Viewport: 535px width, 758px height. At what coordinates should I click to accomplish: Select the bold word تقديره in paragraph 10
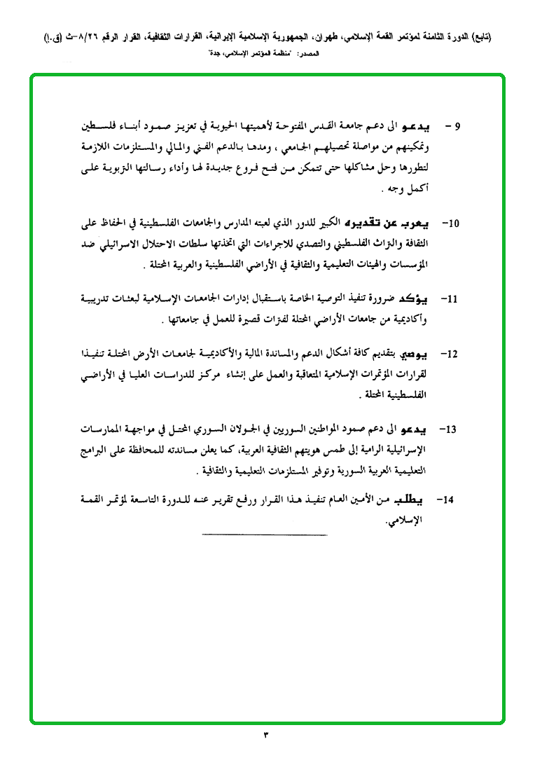[361, 223]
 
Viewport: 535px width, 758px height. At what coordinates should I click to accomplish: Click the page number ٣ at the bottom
[266, 735]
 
